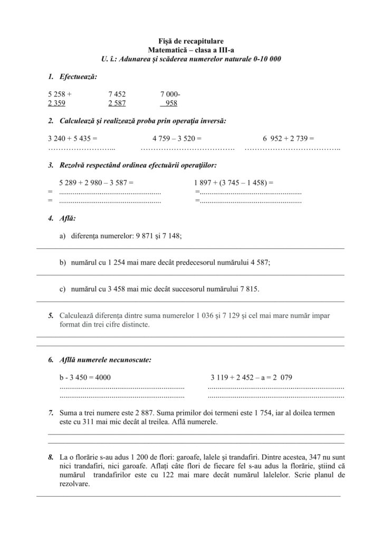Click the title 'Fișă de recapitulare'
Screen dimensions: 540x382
(190, 41)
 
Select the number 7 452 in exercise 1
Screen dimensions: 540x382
(117, 94)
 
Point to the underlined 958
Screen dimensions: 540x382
(171, 103)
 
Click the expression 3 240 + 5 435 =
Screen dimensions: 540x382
(72, 139)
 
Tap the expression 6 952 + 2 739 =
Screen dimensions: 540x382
(288, 139)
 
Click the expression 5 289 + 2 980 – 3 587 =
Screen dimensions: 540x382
(97, 182)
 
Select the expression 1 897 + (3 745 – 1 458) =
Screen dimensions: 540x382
(234, 182)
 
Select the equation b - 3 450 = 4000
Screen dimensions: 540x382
(85, 378)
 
